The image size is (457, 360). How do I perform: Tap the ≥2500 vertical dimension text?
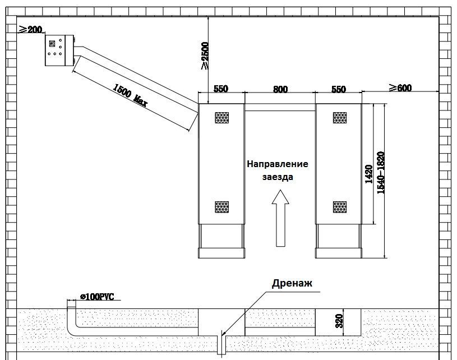pyautogui.click(x=205, y=56)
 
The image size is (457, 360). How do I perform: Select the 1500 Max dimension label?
pyautogui.click(x=130, y=95)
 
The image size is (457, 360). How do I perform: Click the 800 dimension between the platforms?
pyautogui.click(x=280, y=89)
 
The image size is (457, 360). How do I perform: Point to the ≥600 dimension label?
pyautogui.click(x=400, y=87)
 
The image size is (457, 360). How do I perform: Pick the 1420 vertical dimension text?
pyautogui.click(x=369, y=174)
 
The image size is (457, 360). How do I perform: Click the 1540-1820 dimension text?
pyautogui.click(x=381, y=172)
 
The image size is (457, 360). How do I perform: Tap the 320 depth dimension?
pyautogui.click(x=339, y=321)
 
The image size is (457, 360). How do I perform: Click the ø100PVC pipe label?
pyautogui.click(x=97, y=297)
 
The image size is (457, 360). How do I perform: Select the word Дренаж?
pyautogui.click(x=292, y=283)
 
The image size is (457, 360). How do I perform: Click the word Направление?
pyautogui.click(x=278, y=164)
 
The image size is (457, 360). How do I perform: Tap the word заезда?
pyautogui.click(x=278, y=177)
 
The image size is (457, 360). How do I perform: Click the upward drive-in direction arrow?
pyautogui.click(x=280, y=218)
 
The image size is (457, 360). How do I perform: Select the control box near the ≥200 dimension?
pyautogui.click(x=59, y=50)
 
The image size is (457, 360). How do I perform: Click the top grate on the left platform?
pyautogui.click(x=222, y=117)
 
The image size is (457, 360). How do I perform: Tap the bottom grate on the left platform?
pyautogui.click(x=222, y=207)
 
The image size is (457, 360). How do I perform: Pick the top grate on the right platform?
pyautogui.click(x=340, y=117)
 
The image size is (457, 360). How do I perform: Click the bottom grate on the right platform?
pyautogui.click(x=340, y=207)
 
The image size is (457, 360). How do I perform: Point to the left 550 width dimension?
pyautogui.click(x=220, y=89)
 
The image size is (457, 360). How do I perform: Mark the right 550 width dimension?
pyautogui.click(x=338, y=89)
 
